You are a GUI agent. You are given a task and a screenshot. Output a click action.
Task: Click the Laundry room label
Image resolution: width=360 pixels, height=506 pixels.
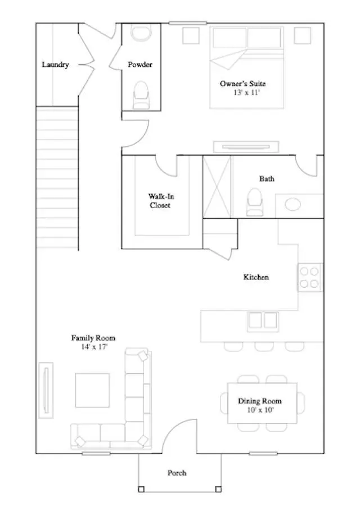tap(55, 65)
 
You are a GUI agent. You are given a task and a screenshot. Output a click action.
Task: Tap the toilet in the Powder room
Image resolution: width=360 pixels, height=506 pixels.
tap(140, 94)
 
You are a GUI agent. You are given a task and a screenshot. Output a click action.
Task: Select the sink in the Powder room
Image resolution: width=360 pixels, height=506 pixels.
tap(140, 33)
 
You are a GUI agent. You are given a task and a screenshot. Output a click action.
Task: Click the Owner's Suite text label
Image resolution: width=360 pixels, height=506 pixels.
tap(242, 83)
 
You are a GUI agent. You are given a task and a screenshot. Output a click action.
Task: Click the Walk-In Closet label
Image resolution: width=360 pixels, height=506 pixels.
tap(160, 201)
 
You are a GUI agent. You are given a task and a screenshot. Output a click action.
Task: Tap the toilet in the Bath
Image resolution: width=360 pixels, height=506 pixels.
tap(255, 202)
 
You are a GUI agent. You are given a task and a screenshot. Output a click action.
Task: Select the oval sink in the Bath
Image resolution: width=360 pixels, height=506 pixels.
tap(293, 204)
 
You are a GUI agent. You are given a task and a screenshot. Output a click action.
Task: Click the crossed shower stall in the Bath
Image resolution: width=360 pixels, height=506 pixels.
tap(217, 186)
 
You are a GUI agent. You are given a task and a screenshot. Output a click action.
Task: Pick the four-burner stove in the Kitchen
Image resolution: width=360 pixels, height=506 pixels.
tap(310, 277)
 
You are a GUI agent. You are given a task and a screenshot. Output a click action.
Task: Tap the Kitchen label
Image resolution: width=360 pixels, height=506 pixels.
tap(256, 277)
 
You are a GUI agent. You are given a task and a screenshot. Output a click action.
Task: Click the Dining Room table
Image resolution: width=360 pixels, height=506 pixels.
tap(262, 404)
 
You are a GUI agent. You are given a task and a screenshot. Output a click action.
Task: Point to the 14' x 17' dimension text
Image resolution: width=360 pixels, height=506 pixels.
tap(93, 347)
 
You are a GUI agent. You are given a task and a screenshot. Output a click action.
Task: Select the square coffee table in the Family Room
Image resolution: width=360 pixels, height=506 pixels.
tap(93, 391)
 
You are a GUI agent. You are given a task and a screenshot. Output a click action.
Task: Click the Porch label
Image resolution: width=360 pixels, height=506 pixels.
tap(177, 473)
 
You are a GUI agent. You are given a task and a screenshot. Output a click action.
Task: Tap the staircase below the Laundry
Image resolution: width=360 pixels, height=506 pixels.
tap(57, 177)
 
